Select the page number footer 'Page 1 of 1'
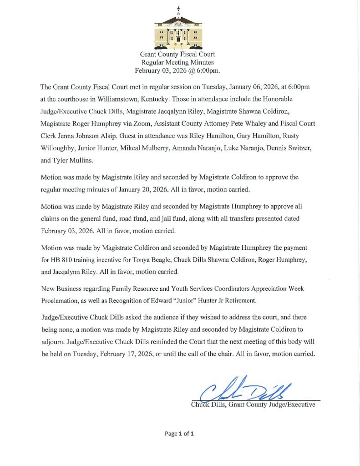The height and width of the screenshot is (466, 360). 180,434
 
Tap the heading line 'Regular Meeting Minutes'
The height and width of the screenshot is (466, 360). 177,62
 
